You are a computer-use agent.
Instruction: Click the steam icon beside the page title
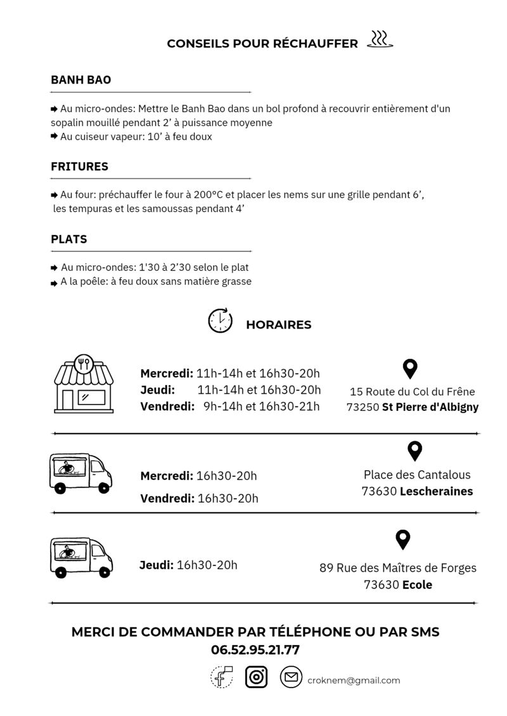click(380, 39)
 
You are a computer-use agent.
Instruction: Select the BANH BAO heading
click(80, 80)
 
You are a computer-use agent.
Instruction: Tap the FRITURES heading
click(79, 167)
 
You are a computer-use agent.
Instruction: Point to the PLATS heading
click(69, 240)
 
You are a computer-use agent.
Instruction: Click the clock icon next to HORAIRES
click(220, 321)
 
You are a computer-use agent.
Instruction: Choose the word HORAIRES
click(278, 325)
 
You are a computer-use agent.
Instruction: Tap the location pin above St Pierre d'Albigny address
click(411, 368)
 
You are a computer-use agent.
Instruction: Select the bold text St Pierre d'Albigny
click(430, 408)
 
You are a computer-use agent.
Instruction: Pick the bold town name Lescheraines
click(437, 491)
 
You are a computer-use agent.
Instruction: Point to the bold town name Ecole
click(417, 585)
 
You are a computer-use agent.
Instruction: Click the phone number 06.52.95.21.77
click(255, 650)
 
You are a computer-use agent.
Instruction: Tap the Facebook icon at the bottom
click(222, 678)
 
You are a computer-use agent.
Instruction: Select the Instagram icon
click(256, 678)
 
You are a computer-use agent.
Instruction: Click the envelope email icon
click(291, 678)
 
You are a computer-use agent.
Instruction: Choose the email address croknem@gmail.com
click(354, 681)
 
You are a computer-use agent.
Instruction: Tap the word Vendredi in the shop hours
click(167, 406)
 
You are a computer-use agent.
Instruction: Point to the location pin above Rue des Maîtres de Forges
click(402, 540)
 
